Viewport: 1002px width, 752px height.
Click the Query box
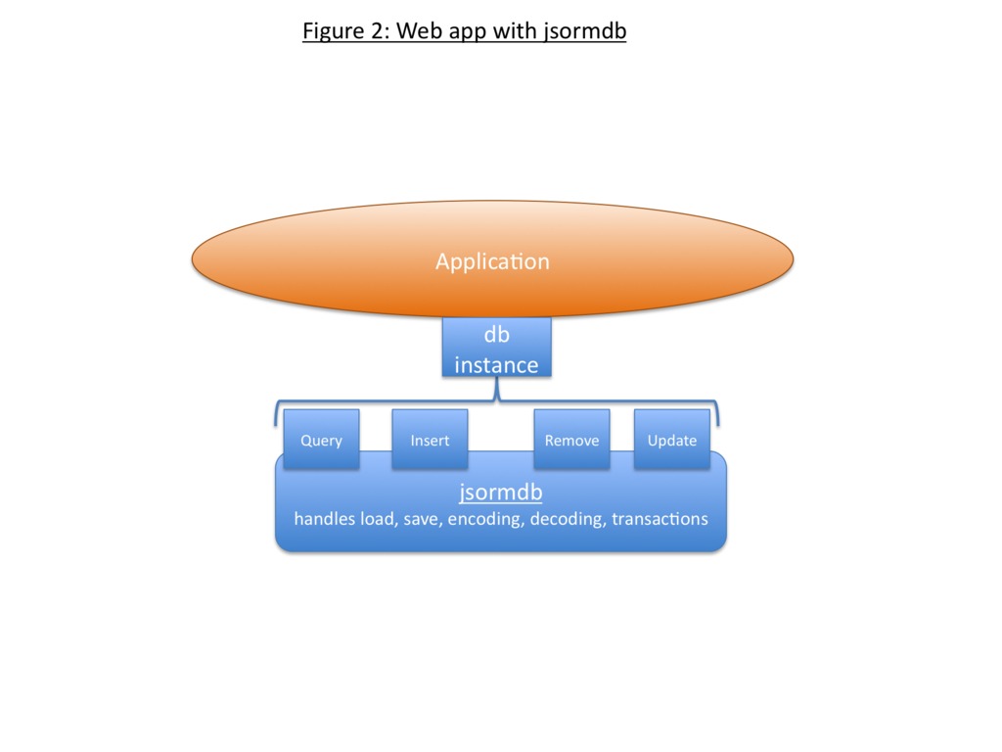(321, 440)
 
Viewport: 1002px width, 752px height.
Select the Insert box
(430, 440)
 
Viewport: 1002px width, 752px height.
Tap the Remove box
(571, 440)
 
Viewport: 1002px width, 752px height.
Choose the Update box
(671, 440)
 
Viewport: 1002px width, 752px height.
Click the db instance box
(496, 348)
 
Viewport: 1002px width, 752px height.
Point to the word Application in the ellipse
(492, 261)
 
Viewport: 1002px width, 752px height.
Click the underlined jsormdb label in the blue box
(500, 493)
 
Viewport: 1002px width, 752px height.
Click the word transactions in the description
(660, 519)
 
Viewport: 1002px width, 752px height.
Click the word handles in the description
(325, 519)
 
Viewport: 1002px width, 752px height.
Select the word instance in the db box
(496, 365)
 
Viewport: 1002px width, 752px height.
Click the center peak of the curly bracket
(497, 394)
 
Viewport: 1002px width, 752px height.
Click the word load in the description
(378, 519)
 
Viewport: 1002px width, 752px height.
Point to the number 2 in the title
(380, 31)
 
